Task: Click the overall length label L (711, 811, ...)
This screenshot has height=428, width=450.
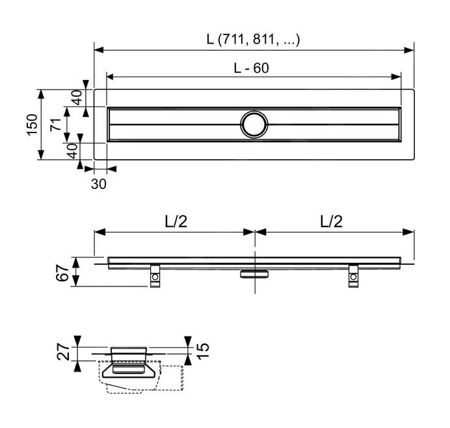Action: [254, 39]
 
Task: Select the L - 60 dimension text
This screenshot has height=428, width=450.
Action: [251, 68]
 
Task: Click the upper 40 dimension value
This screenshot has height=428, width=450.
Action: [77, 97]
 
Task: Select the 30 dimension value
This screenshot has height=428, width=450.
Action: [98, 184]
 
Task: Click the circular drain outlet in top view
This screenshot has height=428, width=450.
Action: [253, 123]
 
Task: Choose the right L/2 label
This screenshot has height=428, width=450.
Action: [331, 221]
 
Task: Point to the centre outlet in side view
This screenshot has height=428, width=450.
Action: [254, 273]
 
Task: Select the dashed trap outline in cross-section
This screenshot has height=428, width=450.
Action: [170, 379]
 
